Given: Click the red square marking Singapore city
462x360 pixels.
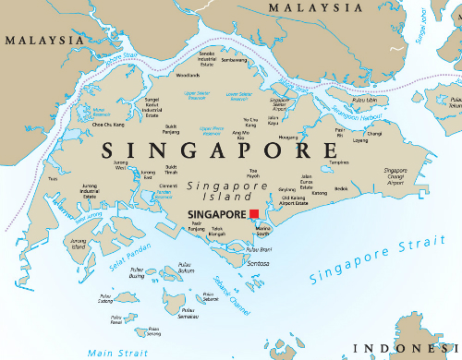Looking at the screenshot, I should click(x=254, y=213).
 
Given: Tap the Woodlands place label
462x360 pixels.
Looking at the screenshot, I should click(x=188, y=75).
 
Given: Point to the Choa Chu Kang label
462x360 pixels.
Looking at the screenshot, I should click(x=108, y=123).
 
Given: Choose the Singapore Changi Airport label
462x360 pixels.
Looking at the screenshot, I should click(x=396, y=176).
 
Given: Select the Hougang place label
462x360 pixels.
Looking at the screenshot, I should click(x=287, y=137).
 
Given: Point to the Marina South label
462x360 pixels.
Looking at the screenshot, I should click(x=262, y=230).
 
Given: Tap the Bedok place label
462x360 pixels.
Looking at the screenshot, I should click(x=342, y=188).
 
